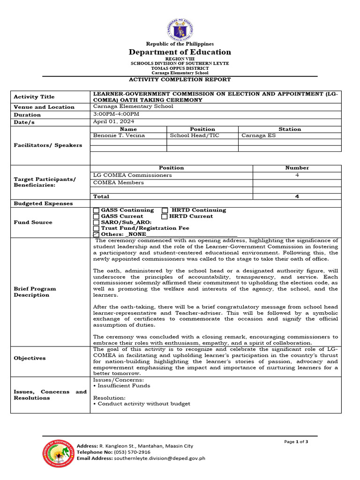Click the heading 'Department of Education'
(x=180, y=52)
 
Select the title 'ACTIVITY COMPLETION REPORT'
(x=180, y=80)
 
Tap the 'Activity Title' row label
(x=34, y=97)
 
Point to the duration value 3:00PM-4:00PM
(x=116, y=114)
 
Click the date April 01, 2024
(x=114, y=121)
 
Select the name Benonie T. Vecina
(x=119, y=136)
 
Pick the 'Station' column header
(x=289, y=129)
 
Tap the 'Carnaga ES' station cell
(x=259, y=136)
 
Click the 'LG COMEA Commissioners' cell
(x=132, y=175)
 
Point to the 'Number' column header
(x=297, y=168)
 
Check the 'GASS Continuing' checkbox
(x=97, y=210)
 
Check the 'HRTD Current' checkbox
(x=165, y=217)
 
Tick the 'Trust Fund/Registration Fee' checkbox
(x=97, y=228)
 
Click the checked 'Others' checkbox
(x=97, y=234)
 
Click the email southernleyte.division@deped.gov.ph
(x=159, y=458)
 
